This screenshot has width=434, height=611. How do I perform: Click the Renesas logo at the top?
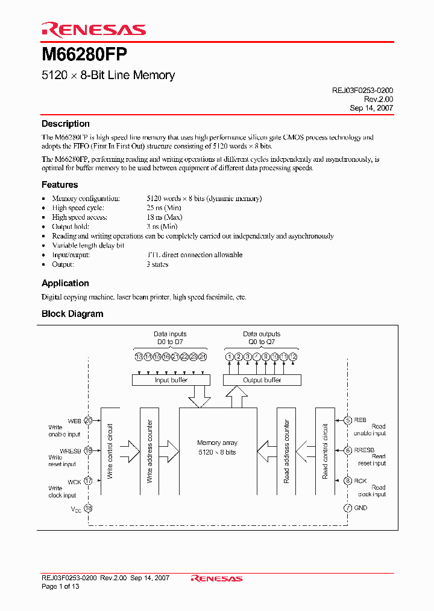pyautogui.click(x=93, y=30)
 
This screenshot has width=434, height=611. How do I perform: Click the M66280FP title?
pyautogui.click(x=84, y=56)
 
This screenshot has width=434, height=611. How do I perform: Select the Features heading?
pyautogui.click(x=60, y=185)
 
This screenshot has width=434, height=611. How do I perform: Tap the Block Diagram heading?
pyautogui.click(x=72, y=314)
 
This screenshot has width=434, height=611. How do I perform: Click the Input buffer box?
pyautogui.click(x=171, y=380)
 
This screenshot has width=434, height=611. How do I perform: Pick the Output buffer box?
pyautogui.click(x=262, y=380)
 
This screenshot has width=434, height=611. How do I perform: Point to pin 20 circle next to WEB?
pyautogui.click(x=89, y=420)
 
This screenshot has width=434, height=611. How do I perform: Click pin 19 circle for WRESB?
pyautogui.click(x=89, y=450)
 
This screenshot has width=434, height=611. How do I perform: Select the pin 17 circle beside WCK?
pyautogui.click(x=89, y=481)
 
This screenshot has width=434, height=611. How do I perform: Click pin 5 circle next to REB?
pyautogui.click(x=348, y=420)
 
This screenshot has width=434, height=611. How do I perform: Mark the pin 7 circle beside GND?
pyautogui.click(x=348, y=508)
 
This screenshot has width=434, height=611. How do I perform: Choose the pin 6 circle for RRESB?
pyautogui.click(x=348, y=450)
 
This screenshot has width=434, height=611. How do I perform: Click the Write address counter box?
pyautogui.click(x=149, y=450)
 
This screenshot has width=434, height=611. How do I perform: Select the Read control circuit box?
pyautogui.click(x=325, y=450)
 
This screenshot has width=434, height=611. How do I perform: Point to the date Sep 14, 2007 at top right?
pyautogui.click(x=371, y=108)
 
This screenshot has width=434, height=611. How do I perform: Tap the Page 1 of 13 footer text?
pyautogui.click(x=60, y=586)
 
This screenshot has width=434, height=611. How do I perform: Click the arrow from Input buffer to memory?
pyautogui.click(x=198, y=397)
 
